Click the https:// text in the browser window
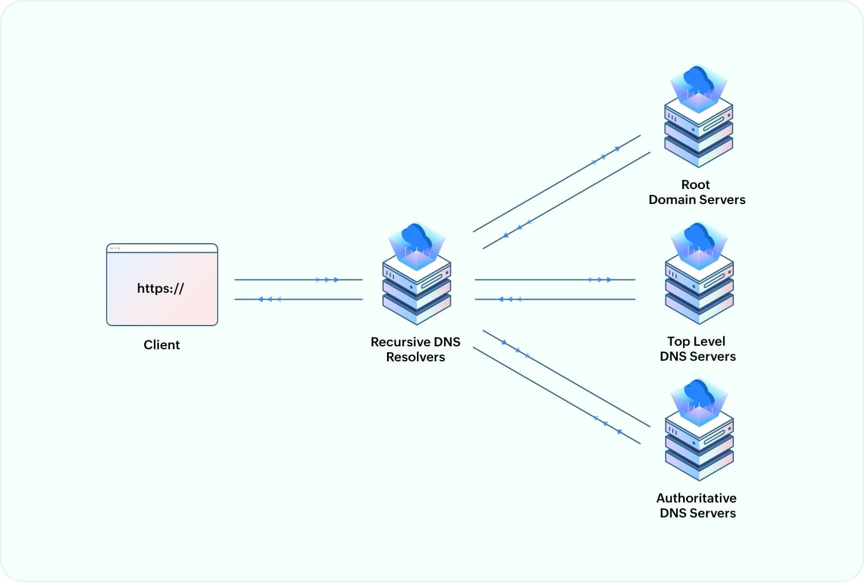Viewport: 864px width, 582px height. tap(160, 288)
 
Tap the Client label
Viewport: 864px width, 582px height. tap(161, 345)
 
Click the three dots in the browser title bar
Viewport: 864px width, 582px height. tap(115, 248)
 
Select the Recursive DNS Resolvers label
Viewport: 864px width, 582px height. tap(415, 349)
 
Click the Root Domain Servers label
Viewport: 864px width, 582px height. tap(696, 192)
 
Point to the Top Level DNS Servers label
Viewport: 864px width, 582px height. tap(697, 349)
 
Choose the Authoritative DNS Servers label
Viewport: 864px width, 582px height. tap(696, 505)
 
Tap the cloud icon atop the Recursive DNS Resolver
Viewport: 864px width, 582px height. tap(416, 237)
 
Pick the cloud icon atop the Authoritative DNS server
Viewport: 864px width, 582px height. tap(699, 394)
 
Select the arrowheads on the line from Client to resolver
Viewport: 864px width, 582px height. tap(327, 279)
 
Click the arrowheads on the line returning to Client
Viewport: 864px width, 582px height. tap(270, 299)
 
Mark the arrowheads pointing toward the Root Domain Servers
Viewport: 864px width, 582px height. tap(607, 154)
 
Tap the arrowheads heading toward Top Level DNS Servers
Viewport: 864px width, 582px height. tap(600, 279)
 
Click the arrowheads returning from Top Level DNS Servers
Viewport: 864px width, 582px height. tap(509, 299)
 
